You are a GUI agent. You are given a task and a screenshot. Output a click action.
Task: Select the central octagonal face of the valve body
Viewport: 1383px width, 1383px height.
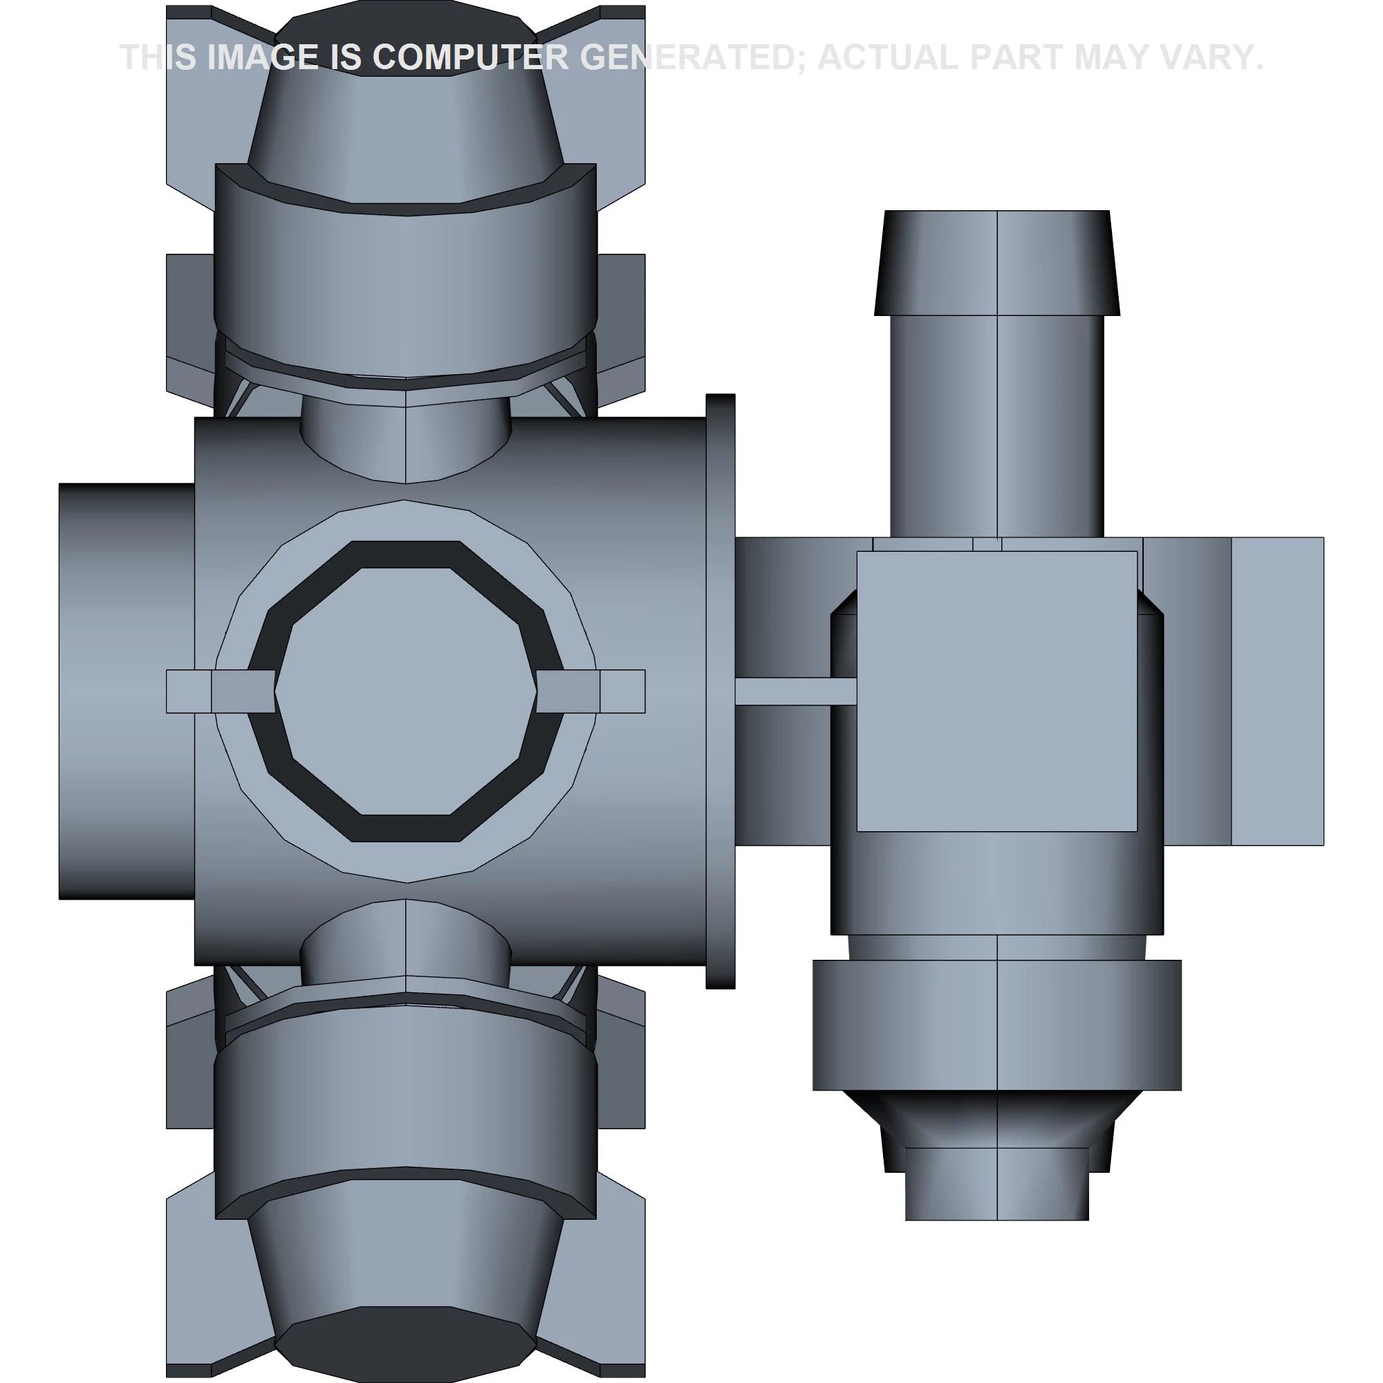coord(405,691)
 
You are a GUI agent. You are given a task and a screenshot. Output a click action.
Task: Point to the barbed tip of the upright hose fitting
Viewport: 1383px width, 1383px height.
coord(997,262)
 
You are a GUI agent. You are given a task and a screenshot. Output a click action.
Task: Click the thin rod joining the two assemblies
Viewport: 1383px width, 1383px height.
coord(796,691)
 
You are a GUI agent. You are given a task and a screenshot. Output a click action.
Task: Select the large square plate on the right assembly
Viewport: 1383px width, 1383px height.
coord(997,691)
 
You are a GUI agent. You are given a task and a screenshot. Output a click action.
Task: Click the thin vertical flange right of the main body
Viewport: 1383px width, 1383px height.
coord(720,691)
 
